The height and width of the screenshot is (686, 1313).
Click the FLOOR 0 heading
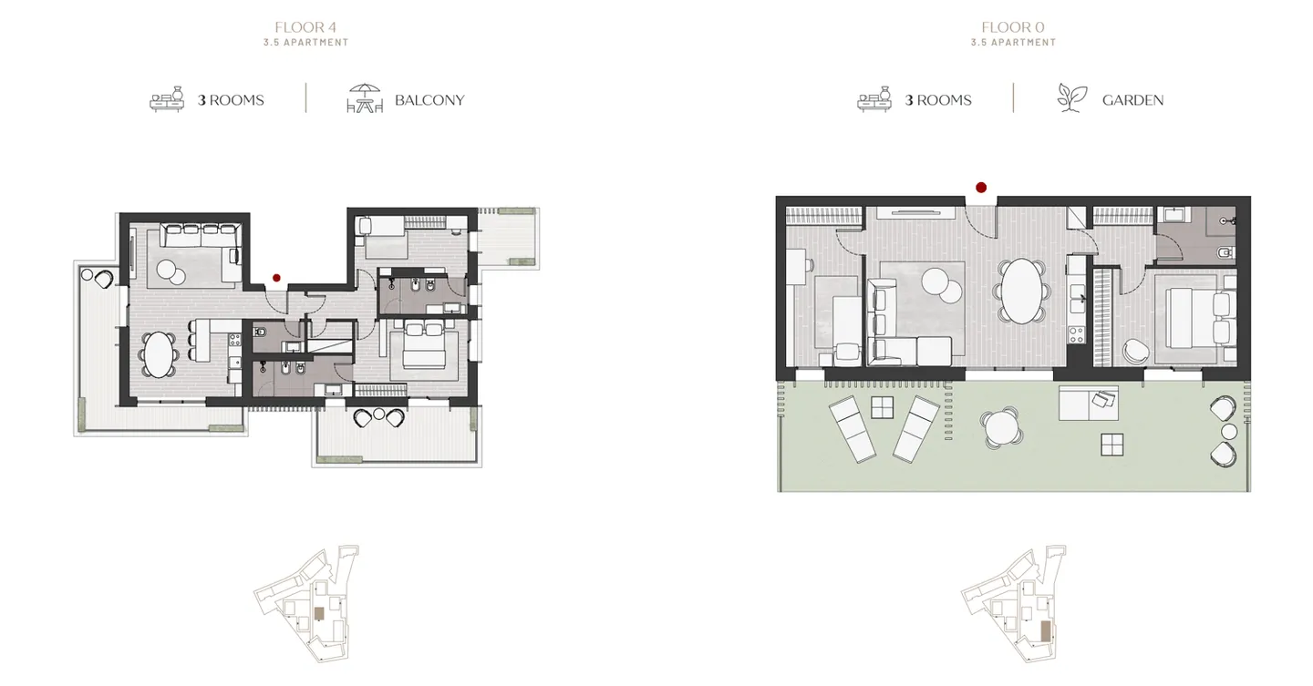pyautogui.click(x=1013, y=27)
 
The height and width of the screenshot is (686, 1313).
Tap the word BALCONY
pyautogui.click(x=429, y=100)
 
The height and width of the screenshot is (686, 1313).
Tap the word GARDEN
pyautogui.click(x=1132, y=100)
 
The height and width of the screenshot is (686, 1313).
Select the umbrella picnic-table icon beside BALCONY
pyautogui.click(x=365, y=98)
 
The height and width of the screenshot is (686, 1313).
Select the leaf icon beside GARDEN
pyautogui.click(x=1071, y=98)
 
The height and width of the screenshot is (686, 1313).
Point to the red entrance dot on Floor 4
pyautogui.click(x=276, y=277)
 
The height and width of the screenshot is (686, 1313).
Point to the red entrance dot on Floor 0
pyautogui.click(x=981, y=188)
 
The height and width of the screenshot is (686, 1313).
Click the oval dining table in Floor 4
pyautogui.click(x=160, y=354)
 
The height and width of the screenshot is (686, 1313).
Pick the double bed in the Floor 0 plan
pyautogui.click(x=1194, y=318)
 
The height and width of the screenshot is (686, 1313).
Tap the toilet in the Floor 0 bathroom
pyautogui.click(x=1226, y=251)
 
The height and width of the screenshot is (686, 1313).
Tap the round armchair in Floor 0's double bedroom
pyautogui.click(x=1135, y=350)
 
